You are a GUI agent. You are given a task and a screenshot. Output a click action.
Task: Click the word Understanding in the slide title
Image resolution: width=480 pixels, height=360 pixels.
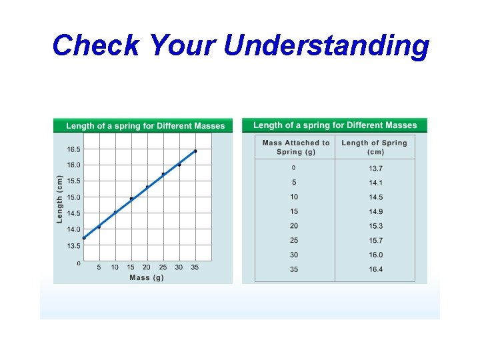(327, 46)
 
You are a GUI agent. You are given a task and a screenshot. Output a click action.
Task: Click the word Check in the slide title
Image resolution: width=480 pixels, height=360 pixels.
(95, 46)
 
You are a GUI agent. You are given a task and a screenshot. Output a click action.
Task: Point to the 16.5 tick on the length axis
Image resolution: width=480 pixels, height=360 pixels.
(73, 149)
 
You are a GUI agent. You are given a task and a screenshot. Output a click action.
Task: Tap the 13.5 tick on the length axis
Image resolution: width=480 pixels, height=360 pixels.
(73, 246)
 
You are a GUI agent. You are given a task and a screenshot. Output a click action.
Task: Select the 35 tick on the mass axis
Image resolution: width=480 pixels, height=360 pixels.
(195, 267)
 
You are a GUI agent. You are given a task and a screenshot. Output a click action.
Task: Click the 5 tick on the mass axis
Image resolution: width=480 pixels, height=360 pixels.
(99, 267)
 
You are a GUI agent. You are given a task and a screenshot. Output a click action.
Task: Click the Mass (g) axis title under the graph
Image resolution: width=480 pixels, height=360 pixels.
(146, 277)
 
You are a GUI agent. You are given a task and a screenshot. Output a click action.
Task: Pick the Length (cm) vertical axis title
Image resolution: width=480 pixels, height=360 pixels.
(60, 199)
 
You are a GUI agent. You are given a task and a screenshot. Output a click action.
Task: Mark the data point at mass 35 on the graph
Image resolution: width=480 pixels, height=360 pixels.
(195, 151)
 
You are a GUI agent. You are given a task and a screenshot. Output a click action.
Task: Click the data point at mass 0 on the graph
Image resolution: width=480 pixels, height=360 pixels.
(84, 238)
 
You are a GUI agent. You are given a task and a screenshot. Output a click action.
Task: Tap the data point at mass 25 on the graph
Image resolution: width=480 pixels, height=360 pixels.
(163, 174)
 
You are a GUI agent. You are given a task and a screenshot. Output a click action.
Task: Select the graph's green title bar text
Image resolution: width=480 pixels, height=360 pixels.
(145, 125)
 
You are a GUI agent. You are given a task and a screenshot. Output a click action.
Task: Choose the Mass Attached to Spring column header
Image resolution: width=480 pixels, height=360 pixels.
(296, 147)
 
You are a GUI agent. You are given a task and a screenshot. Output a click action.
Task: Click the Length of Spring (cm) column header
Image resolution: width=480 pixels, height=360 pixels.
(374, 147)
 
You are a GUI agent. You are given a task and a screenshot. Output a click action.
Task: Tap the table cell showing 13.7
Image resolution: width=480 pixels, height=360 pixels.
(376, 168)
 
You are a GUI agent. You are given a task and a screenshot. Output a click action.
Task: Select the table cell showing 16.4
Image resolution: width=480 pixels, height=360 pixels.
(376, 269)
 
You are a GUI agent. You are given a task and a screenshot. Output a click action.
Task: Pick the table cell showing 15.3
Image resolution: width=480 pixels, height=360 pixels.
(376, 226)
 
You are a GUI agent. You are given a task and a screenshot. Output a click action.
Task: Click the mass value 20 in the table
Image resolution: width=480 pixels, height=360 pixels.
(294, 226)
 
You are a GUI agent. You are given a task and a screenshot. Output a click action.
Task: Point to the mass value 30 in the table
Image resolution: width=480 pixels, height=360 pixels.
(294, 255)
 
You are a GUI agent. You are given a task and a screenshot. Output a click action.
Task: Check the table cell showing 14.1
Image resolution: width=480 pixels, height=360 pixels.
(376, 183)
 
